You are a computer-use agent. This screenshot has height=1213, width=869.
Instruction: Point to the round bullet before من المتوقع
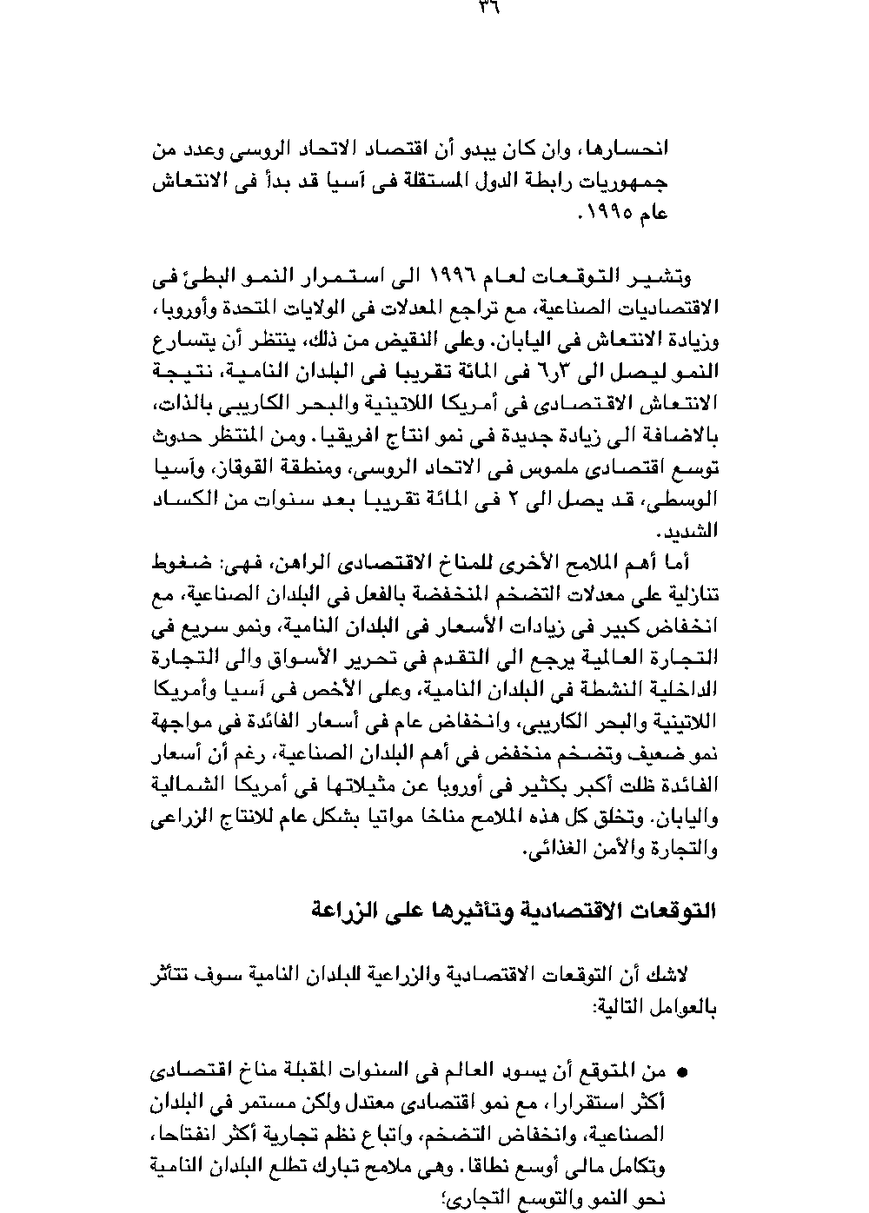coord(681,1071)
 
